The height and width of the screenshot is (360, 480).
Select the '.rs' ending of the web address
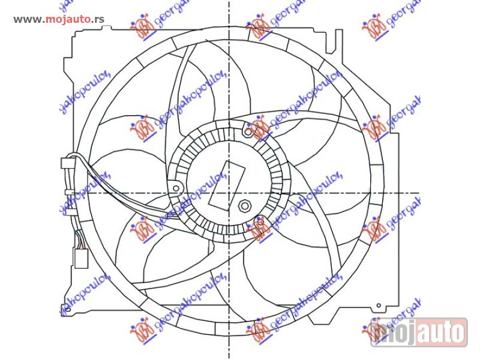[x=99, y=19]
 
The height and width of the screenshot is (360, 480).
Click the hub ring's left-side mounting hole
[x=176, y=188]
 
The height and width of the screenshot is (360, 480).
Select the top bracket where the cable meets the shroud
[x=68, y=162]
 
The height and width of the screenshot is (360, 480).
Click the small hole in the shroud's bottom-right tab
[x=377, y=310]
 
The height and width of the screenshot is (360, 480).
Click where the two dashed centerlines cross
[x=229, y=193]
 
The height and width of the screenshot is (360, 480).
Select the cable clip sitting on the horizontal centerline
[x=70, y=193]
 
